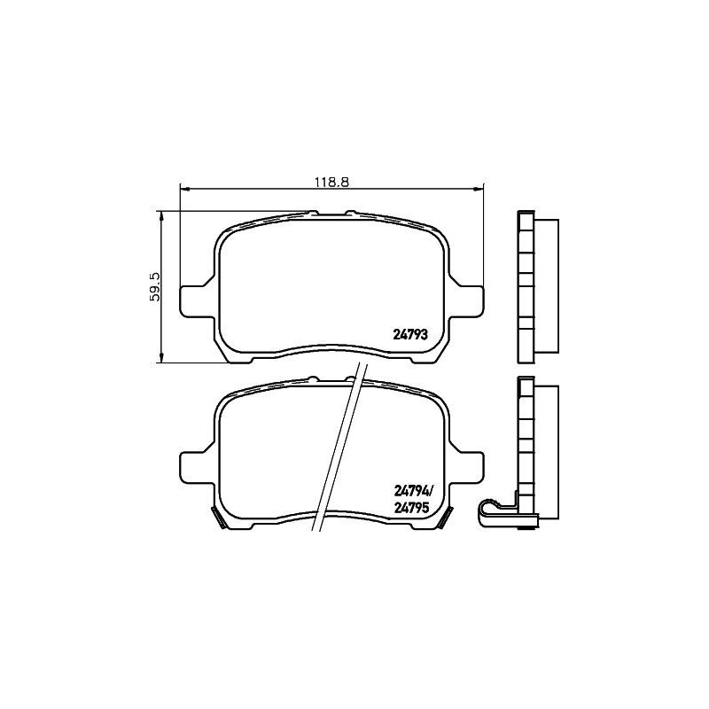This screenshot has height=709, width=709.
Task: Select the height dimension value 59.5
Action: pyautogui.click(x=154, y=287)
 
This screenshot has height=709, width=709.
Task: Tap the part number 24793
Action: pyautogui.click(x=410, y=335)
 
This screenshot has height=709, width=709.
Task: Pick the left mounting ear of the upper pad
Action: pyautogui.click(x=195, y=300)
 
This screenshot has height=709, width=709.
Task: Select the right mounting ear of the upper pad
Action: pyautogui.click(x=470, y=300)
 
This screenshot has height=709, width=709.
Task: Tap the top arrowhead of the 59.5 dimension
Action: pyautogui.click(x=161, y=214)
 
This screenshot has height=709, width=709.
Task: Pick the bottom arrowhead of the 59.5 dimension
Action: pyautogui.click(x=161, y=358)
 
